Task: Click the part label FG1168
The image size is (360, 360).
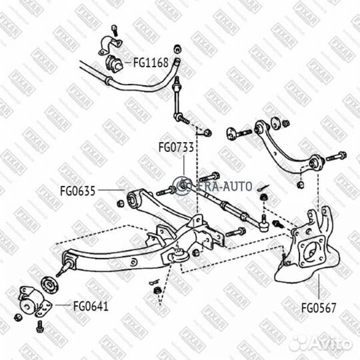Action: [151, 63]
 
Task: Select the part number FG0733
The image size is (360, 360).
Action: [176, 147]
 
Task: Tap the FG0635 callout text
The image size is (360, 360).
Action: [77, 191]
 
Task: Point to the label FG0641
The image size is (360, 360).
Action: [91, 306]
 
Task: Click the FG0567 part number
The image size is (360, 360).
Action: [319, 308]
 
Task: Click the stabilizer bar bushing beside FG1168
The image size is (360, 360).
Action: [114, 63]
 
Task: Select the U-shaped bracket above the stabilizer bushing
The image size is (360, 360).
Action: [110, 45]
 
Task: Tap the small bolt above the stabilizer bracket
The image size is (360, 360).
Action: [115, 30]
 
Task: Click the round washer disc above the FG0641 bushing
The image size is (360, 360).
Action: [49, 285]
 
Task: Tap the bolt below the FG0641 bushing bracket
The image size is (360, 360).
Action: [40, 326]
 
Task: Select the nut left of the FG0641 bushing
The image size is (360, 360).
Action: [18, 317]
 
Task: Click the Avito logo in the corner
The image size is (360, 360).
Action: [321, 343]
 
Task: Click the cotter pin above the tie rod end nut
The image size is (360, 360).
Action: [263, 187]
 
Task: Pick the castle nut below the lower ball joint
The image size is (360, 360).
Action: [157, 291]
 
